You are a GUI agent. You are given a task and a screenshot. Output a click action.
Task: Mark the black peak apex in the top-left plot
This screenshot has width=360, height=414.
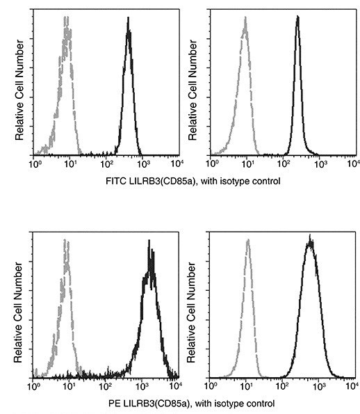click(129, 20)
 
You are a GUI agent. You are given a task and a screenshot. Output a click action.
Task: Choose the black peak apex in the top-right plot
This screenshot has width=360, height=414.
click(297, 18)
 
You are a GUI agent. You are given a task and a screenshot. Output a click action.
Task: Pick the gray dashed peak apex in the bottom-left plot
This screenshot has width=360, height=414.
click(65, 240)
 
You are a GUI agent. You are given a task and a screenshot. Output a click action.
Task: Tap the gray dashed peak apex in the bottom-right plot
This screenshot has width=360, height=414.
click(248, 241)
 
